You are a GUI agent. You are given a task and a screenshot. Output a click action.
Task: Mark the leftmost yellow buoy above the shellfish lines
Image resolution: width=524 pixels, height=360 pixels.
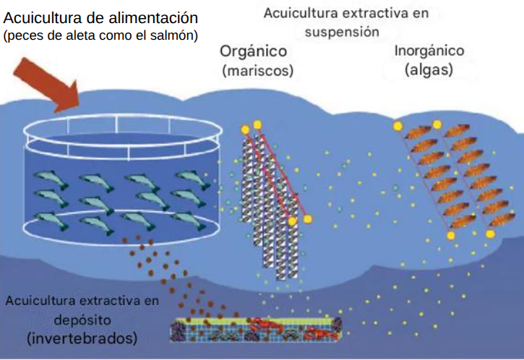point(245,129)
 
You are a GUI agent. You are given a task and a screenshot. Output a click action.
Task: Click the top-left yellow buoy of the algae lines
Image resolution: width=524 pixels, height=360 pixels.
point(398,126)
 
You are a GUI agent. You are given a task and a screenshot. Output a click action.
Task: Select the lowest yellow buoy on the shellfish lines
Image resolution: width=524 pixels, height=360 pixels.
point(293,221)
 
